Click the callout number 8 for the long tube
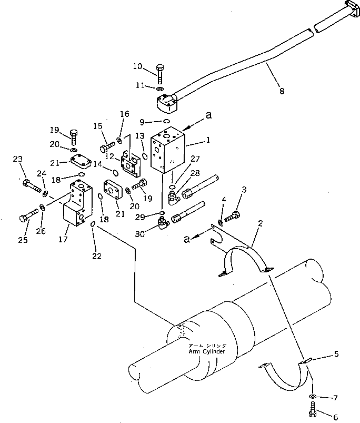(282, 91)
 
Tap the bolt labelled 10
(160, 74)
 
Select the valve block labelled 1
(167, 150)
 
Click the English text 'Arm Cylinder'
(207, 351)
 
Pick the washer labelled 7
(313, 396)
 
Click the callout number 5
(336, 353)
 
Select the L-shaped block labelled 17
(77, 203)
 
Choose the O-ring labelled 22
(93, 224)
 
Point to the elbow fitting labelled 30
(163, 224)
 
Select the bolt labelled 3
(232, 217)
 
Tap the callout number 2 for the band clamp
(260, 223)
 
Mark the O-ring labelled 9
(166, 121)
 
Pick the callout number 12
(109, 156)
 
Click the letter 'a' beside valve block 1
(208, 115)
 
